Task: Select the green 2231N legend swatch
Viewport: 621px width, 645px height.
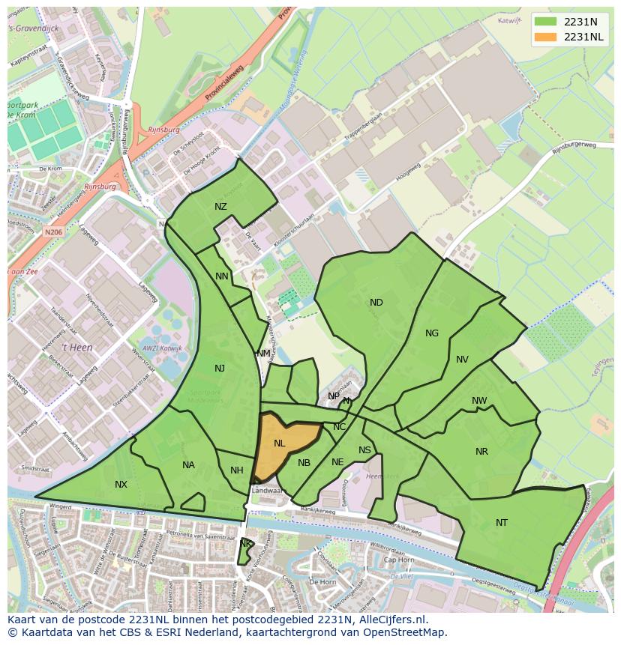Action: [546, 22]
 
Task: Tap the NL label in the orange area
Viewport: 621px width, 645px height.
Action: [279, 443]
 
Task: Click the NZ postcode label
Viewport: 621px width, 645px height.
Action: [220, 207]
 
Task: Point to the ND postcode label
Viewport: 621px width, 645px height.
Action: [376, 303]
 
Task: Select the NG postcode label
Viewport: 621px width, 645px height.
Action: [432, 333]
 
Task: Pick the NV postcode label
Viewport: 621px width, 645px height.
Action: [462, 360]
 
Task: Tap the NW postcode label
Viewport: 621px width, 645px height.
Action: [479, 401]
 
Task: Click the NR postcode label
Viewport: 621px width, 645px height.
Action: [481, 452]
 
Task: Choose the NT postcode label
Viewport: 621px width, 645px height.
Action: [502, 523]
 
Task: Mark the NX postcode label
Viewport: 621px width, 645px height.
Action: [121, 485]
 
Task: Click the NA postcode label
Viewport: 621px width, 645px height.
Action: [188, 465]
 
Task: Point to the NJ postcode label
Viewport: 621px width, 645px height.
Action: [220, 369]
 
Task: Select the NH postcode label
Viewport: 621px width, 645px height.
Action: [237, 470]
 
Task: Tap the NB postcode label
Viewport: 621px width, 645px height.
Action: [304, 463]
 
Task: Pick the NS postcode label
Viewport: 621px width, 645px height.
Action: [364, 450]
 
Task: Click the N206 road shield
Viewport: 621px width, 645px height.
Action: [54, 233]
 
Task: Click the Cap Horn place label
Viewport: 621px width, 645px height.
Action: [398, 560]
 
